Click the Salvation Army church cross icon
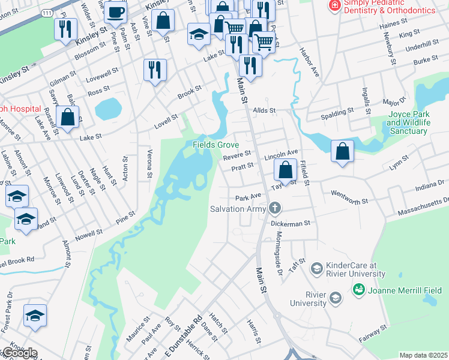[x=275, y=208]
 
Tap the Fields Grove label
[x=215, y=145]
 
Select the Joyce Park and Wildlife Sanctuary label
[x=409, y=122]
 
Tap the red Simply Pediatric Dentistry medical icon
[x=333, y=5]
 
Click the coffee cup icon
[x=117, y=12]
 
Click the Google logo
[x=19, y=352]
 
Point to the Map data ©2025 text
[x=423, y=355]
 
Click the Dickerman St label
[x=289, y=223]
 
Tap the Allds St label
[x=264, y=110]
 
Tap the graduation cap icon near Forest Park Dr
[x=35, y=316]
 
